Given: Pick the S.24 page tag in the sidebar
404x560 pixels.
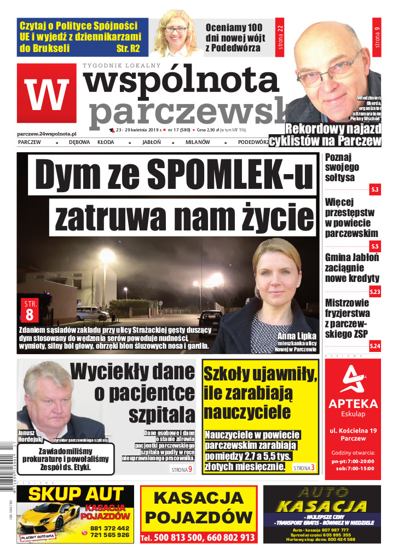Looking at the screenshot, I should pos(374,345).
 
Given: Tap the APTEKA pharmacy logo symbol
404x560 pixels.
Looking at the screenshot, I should pos(353,380).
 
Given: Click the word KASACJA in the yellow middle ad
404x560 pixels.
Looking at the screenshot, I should pos(198,498).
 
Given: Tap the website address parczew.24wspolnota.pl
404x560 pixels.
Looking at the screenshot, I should pos(47,134).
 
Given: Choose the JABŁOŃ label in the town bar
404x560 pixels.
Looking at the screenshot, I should pos(151,142).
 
